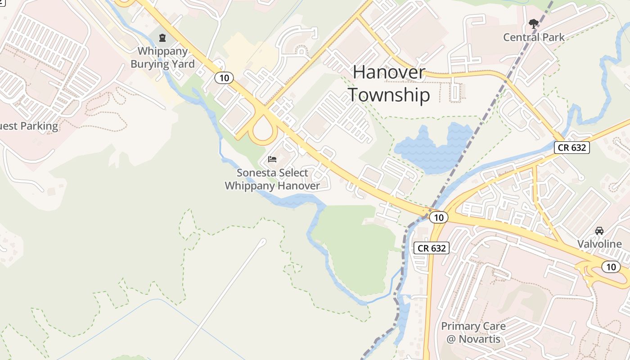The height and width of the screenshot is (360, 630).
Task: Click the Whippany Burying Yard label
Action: (162, 58)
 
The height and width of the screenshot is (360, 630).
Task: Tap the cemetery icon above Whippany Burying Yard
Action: (162, 37)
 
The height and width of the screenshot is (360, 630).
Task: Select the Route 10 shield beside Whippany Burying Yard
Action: (224, 78)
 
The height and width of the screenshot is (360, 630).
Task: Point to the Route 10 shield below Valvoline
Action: (611, 267)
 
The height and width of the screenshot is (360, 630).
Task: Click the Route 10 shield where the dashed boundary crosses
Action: (439, 217)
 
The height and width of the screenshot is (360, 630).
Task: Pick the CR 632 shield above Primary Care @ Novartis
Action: (432, 248)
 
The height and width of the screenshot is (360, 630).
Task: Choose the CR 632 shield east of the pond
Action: (571, 147)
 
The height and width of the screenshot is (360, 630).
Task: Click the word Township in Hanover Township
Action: (389, 95)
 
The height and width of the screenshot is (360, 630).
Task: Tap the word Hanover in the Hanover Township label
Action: (389, 72)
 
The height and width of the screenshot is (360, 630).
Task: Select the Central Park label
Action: (534, 37)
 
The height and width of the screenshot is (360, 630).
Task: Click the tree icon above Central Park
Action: (534, 23)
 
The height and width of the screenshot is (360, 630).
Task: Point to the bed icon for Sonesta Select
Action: (272, 159)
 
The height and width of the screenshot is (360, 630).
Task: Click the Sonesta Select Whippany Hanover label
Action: (272, 179)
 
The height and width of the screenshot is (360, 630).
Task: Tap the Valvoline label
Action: (599, 244)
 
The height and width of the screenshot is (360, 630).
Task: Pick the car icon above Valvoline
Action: (599, 231)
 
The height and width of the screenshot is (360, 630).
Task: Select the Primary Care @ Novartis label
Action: (473, 333)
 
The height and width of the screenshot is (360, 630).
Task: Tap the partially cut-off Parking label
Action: (29, 126)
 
